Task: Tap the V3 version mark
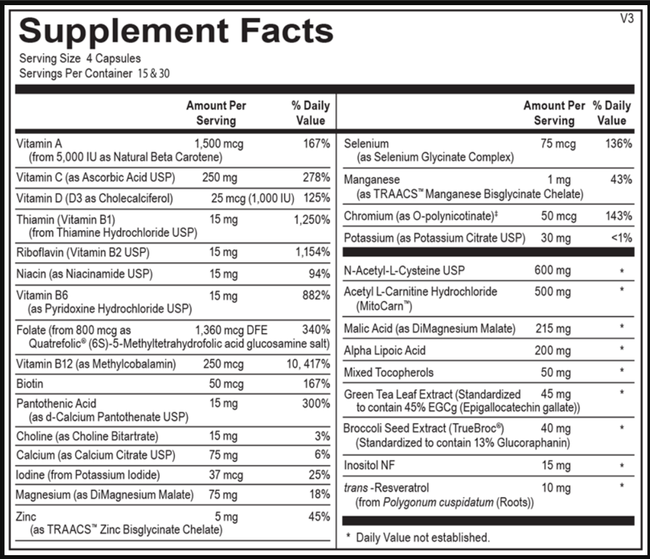pyautogui.click(x=627, y=19)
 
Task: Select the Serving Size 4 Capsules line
pyautogui.click(x=80, y=59)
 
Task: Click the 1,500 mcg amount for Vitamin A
pyautogui.click(x=219, y=143)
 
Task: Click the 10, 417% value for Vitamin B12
pyautogui.click(x=309, y=364)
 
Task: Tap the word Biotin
pyautogui.click(x=30, y=384)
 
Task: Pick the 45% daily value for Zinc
pyautogui.click(x=319, y=517)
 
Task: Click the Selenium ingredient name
pyautogui.click(x=366, y=143)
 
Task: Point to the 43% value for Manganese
pyautogui.click(x=621, y=180)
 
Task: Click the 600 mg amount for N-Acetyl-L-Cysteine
pyautogui.click(x=552, y=270)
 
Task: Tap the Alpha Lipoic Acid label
pyautogui.click(x=384, y=351)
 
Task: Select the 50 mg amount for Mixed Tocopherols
pyautogui.click(x=555, y=372)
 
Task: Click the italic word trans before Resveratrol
pyautogui.click(x=356, y=488)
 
